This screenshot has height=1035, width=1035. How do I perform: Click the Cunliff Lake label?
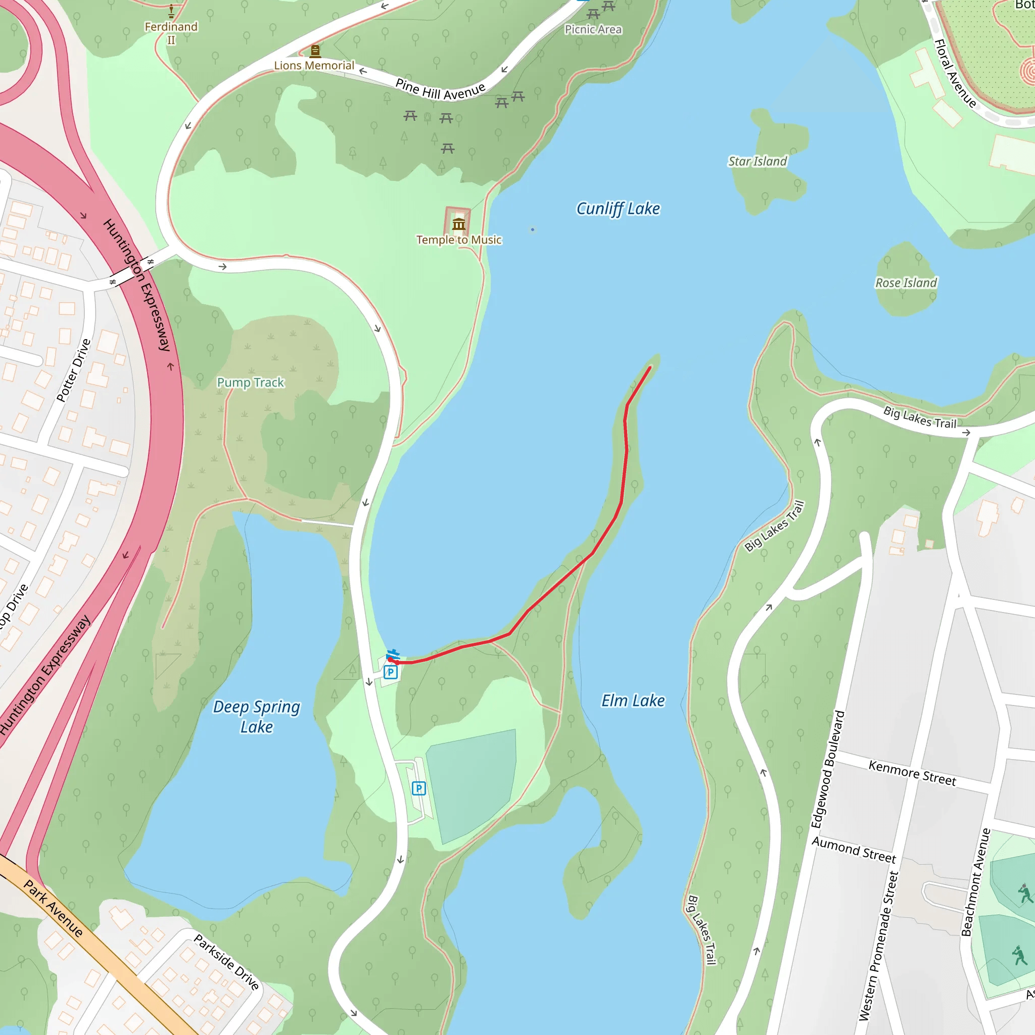tap(618, 208)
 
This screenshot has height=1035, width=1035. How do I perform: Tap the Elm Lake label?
tap(633, 701)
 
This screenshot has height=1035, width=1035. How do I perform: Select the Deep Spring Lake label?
tap(257, 717)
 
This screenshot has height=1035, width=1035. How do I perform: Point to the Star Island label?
tap(757, 161)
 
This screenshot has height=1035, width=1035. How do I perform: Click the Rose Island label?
tap(906, 283)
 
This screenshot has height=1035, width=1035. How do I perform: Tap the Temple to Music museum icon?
tap(458, 224)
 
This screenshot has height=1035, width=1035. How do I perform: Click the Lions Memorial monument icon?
tap(315, 52)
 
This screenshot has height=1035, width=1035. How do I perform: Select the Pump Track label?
tap(250, 383)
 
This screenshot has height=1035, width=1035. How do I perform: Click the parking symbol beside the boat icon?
tap(391, 672)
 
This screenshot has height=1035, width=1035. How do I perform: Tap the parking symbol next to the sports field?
tap(419, 788)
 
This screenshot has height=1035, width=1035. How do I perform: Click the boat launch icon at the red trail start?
tap(393, 654)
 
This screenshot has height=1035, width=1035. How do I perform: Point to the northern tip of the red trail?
tap(650, 367)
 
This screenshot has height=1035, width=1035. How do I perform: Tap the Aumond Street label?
tap(854, 850)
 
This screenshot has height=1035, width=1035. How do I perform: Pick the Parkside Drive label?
tap(226, 962)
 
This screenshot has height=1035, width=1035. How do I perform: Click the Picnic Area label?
tap(593, 29)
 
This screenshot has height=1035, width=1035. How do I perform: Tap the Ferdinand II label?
tap(171, 33)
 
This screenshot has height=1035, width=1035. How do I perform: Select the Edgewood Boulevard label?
tap(827, 769)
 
